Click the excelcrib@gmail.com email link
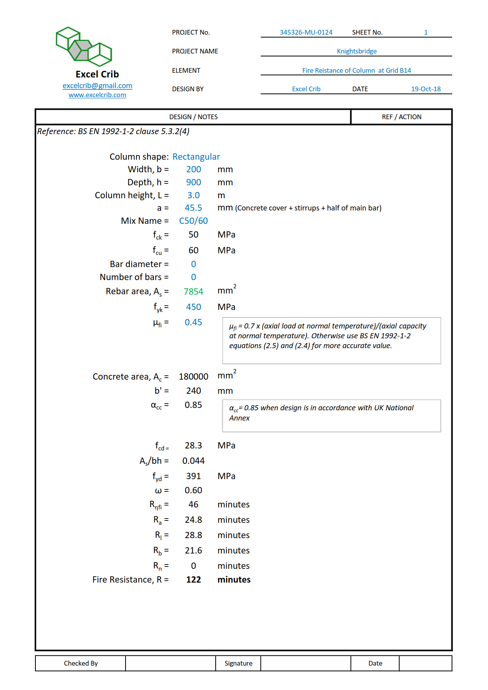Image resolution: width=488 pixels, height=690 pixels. [x=97, y=86]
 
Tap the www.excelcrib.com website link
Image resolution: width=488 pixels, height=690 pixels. [x=97, y=95]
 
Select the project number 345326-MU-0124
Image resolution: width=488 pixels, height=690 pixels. [x=306, y=32]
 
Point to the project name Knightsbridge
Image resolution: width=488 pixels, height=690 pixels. [x=357, y=51]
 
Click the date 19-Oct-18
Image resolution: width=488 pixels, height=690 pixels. [x=426, y=89]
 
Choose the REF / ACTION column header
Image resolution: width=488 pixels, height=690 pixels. [x=401, y=117]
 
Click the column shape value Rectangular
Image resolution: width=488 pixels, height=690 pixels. [x=196, y=157]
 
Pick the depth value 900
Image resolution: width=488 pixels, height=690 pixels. [x=193, y=182]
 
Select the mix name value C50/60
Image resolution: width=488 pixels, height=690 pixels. [x=193, y=221]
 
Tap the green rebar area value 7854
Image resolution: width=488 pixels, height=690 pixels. [x=193, y=291]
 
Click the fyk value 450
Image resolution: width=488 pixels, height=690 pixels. [x=193, y=307]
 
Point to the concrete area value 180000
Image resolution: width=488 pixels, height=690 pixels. [x=193, y=376]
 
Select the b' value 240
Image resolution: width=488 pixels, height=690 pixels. [x=193, y=391]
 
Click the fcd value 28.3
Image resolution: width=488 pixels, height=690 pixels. [x=193, y=445]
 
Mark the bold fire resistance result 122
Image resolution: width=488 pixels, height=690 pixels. [x=193, y=579]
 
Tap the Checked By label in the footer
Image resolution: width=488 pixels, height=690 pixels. [x=81, y=663]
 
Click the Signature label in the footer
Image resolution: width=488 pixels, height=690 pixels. [x=238, y=663]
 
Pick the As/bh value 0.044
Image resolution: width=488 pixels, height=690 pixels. [x=193, y=461]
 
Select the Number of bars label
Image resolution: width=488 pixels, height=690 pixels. [x=131, y=277]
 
